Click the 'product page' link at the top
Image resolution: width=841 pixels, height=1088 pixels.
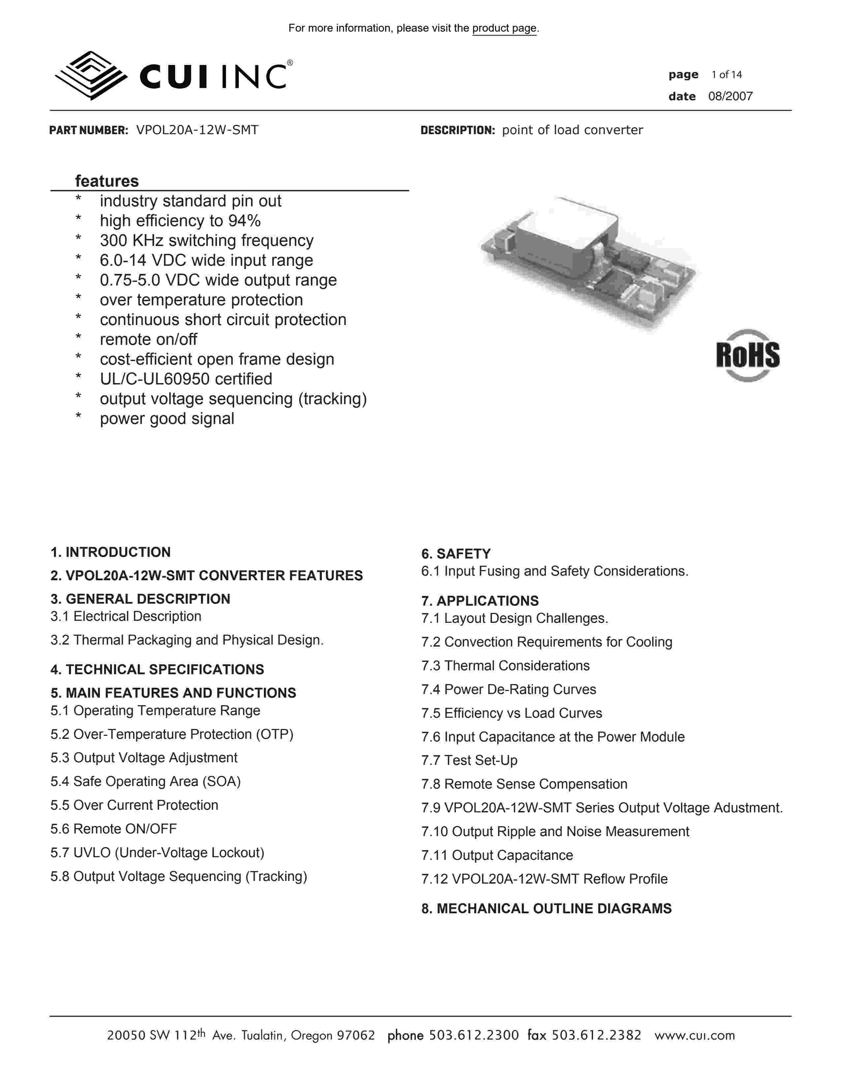click(504, 28)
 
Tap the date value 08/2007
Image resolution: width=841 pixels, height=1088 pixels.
click(731, 97)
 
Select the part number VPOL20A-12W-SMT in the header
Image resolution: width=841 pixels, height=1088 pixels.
click(197, 130)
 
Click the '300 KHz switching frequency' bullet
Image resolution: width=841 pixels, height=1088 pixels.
click(206, 241)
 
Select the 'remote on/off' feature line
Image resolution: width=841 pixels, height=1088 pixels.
click(148, 339)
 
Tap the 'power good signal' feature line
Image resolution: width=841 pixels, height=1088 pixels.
click(167, 418)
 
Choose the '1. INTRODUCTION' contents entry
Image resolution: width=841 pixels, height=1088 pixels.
click(110, 552)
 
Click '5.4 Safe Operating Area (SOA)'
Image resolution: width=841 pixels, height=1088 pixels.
click(145, 781)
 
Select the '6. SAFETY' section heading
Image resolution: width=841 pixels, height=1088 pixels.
click(456, 554)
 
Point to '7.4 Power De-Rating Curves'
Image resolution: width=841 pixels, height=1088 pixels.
click(508, 689)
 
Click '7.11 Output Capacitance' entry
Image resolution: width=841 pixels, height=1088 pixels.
click(497, 855)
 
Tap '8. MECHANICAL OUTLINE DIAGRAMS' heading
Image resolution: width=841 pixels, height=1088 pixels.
click(546, 909)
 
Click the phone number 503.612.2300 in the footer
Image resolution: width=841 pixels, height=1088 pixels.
click(474, 1036)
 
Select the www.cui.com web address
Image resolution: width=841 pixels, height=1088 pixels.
click(695, 1036)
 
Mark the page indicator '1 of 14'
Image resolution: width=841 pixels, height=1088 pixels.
click(727, 75)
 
